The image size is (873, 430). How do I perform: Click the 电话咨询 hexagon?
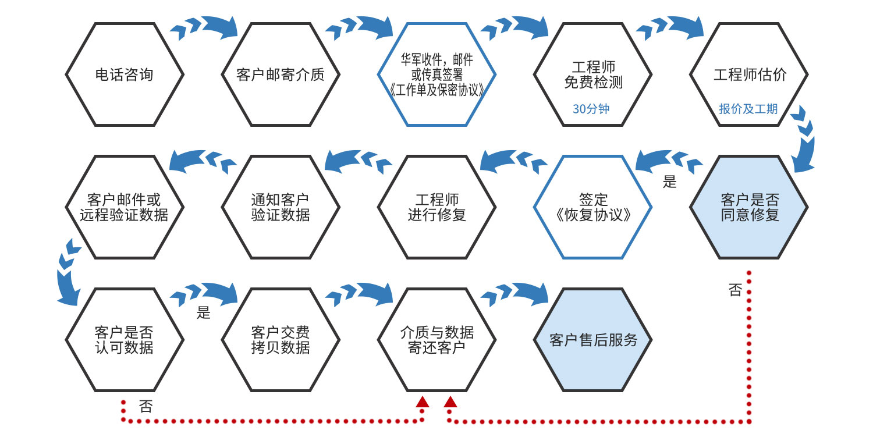tap(125, 74)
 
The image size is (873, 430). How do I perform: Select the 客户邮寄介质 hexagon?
tap(281, 74)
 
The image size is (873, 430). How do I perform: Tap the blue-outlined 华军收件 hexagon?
tap(436, 74)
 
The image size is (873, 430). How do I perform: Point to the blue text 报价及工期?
tap(748, 109)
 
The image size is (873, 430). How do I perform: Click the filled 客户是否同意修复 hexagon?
tap(749, 207)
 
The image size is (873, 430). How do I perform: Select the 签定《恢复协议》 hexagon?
tap(593, 207)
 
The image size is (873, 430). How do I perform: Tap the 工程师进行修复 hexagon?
tap(436, 207)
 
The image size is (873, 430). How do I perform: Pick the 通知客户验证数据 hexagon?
tap(281, 207)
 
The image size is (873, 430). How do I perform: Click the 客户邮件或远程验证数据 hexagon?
tap(125, 207)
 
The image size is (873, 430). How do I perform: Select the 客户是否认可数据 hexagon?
tap(125, 340)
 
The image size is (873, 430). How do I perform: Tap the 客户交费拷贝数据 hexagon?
tap(281, 340)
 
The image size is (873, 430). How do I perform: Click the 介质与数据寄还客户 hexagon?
tap(436, 340)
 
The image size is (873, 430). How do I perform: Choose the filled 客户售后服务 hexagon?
tap(593, 340)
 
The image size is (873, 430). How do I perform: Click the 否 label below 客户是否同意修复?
tap(735, 290)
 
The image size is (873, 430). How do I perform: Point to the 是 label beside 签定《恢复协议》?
tap(670, 182)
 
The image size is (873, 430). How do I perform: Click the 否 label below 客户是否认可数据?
tap(145, 406)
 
